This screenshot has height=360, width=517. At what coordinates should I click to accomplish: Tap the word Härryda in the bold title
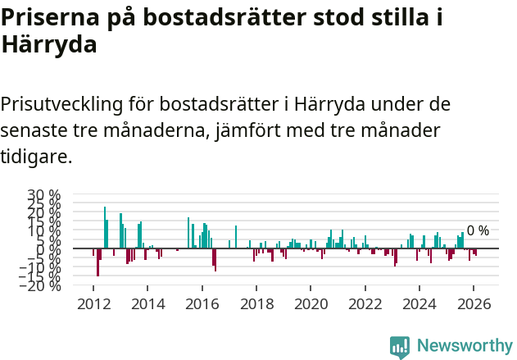(x=49, y=44)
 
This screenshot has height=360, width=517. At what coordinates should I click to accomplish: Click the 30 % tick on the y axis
(x=44, y=194)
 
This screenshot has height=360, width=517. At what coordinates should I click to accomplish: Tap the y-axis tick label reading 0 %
(x=50, y=248)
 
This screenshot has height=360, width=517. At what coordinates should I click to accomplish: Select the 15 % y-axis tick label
(x=44, y=221)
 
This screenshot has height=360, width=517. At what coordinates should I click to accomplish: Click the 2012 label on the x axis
(x=94, y=303)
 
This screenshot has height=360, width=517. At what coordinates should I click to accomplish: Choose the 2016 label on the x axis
(x=202, y=303)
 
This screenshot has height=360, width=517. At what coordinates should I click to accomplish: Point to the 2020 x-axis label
(x=311, y=303)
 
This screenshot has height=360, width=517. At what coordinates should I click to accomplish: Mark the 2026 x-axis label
(x=474, y=303)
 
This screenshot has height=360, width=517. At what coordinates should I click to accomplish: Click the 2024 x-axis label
(x=419, y=303)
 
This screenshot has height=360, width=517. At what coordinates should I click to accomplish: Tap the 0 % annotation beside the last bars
(x=478, y=230)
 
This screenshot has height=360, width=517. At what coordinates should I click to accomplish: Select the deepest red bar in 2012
(x=98, y=262)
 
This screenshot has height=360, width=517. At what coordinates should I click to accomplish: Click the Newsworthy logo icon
(x=400, y=346)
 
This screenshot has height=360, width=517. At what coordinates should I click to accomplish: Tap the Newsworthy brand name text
(x=464, y=346)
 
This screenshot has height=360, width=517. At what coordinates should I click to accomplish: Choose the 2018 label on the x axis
(x=256, y=303)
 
